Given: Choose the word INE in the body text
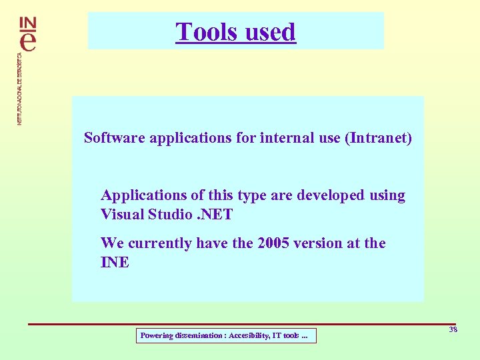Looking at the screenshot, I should tap(115, 263).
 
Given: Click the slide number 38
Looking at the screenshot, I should tap(453, 330).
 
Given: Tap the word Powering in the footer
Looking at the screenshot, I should tap(156, 336).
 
